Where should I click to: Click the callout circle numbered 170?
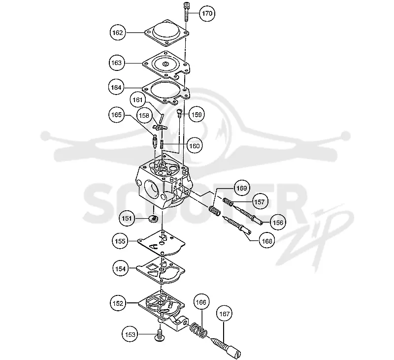tap(207, 13)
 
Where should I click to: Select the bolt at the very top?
tap(186, 12)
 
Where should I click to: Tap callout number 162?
tap(118, 33)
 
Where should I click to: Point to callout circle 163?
tap(117, 63)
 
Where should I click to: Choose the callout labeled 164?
tap(116, 88)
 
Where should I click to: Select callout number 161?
tap(138, 100)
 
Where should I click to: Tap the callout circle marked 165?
tap(116, 115)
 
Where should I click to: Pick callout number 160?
tap(194, 146)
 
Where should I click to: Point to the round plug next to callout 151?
tap(153, 218)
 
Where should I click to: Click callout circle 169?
tap(242, 188)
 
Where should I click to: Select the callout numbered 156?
tap(278, 222)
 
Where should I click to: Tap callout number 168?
tap(267, 241)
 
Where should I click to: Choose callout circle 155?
tap(120, 241)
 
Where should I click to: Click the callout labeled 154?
tap(120, 268)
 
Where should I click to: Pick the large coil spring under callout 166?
tap(198, 330)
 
